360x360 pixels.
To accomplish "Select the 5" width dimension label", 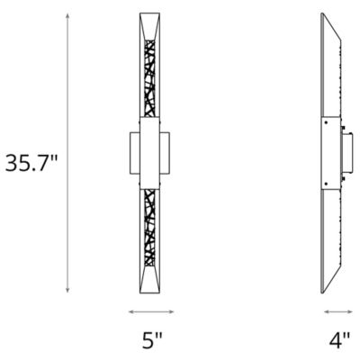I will [x=151, y=341].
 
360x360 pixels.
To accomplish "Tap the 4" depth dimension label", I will [x=338, y=341].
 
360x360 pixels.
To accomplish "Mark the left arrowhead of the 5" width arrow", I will [x=131, y=311].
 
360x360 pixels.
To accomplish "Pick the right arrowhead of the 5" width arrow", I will [x=173, y=311].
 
